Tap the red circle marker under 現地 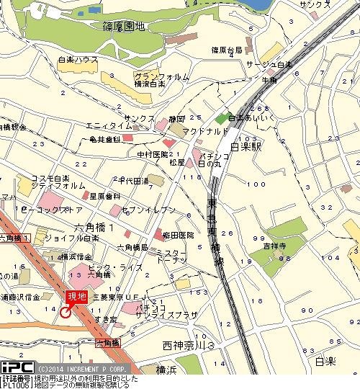[x=66, y=312]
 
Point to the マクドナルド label [x=204, y=131]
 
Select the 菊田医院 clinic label [x=179, y=236]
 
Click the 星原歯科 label [x=99, y=196]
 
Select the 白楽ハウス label [x=78, y=59]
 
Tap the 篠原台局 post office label [x=227, y=50]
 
